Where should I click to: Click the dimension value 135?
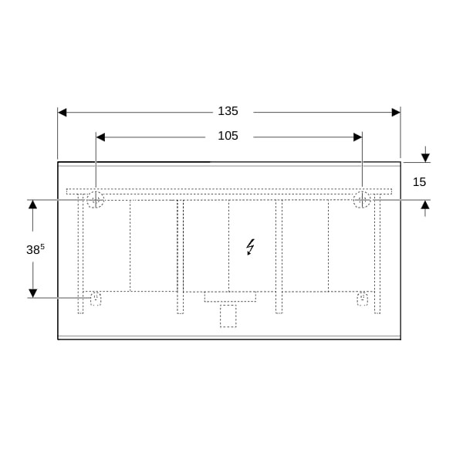(228, 111)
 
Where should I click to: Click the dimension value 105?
(228, 136)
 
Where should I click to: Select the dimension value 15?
(419, 182)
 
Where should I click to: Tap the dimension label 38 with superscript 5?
(35, 249)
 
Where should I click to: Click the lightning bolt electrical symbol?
(250, 247)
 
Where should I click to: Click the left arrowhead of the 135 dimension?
(63, 112)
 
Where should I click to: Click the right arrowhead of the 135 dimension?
(396, 112)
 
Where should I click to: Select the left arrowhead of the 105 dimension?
(100, 137)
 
